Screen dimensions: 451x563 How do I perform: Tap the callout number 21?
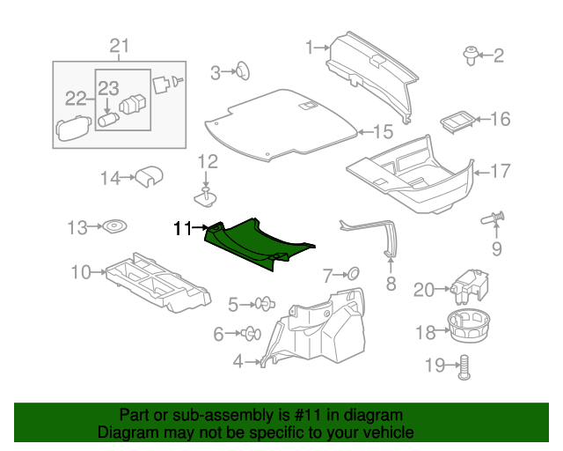pos(119,46)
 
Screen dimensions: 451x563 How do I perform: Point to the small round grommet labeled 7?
pos(350,274)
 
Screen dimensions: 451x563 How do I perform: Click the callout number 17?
pos(500,171)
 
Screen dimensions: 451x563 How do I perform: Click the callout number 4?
pos(238,360)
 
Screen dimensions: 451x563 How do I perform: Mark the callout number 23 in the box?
pos(107,87)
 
